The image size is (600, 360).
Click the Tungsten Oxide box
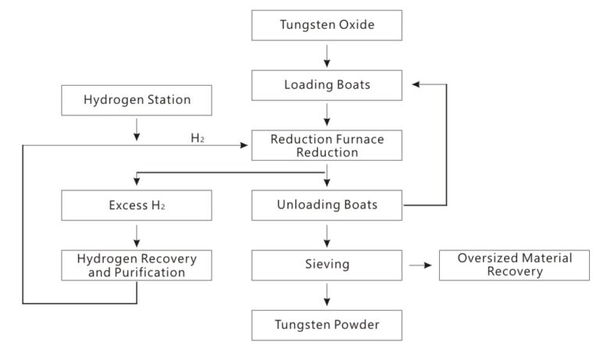[x=327, y=25]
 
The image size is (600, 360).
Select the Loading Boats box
[x=327, y=85]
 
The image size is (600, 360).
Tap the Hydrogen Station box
[x=137, y=100]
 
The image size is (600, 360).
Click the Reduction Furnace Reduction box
[x=327, y=145]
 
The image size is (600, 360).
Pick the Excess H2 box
[x=137, y=205]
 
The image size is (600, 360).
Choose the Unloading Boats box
[x=327, y=205]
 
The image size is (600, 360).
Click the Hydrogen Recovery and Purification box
[x=137, y=266]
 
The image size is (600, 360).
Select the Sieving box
[x=327, y=265]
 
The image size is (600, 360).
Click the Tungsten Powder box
[x=327, y=324]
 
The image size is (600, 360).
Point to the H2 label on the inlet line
[x=198, y=138]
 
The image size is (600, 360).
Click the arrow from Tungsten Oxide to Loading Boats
[x=327, y=55]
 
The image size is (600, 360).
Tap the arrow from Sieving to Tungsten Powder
[x=327, y=295]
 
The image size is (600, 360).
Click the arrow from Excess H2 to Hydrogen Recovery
[x=137, y=235]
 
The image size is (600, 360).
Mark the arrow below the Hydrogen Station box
[x=137, y=130]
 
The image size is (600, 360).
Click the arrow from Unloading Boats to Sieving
[x=327, y=235]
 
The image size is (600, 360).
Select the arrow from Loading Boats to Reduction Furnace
[x=327, y=115]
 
